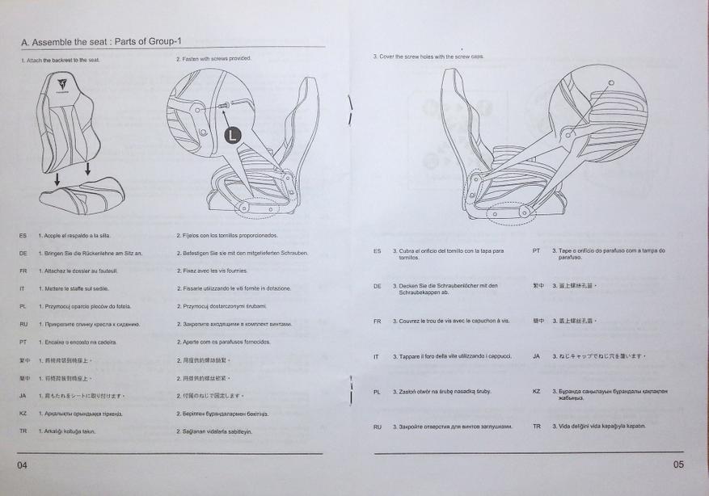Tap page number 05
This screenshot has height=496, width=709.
tap(677, 464)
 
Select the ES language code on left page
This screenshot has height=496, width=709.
tap(23, 235)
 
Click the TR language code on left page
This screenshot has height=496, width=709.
tap(23, 431)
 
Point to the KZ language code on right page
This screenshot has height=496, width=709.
tap(536, 391)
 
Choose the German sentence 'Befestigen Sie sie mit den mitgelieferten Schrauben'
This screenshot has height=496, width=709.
tap(242, 253)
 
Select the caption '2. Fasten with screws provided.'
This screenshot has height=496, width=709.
tap(213, 59)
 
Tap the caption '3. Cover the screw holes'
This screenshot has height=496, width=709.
tap(428, 57)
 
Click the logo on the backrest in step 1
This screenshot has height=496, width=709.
tap(61, 82)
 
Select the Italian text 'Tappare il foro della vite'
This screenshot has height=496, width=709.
tap(441, 356)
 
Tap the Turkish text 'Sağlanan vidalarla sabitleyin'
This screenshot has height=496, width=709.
tap(214, 431)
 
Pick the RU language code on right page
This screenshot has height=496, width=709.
tap(377, 427)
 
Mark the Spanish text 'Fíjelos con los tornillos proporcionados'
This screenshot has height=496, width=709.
tap(226, 235)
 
